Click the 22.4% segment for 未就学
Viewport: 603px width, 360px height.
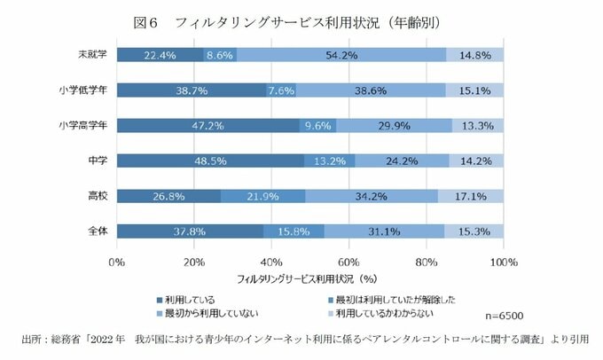pos(160,55)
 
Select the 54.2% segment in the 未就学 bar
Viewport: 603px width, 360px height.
pos(341,55)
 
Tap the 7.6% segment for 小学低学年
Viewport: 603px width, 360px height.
pos(281,90)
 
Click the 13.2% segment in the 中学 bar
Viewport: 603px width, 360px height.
pos(330,160)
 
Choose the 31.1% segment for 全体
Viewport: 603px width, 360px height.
pos(384,231)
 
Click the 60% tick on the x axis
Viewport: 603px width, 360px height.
pos(348,262)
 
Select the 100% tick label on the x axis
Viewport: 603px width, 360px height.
pos(504,262)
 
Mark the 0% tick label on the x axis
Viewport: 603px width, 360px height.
pos(116,262)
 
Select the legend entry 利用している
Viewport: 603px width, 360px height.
pos(192,299)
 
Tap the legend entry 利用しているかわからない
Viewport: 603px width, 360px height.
pos(391,313)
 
